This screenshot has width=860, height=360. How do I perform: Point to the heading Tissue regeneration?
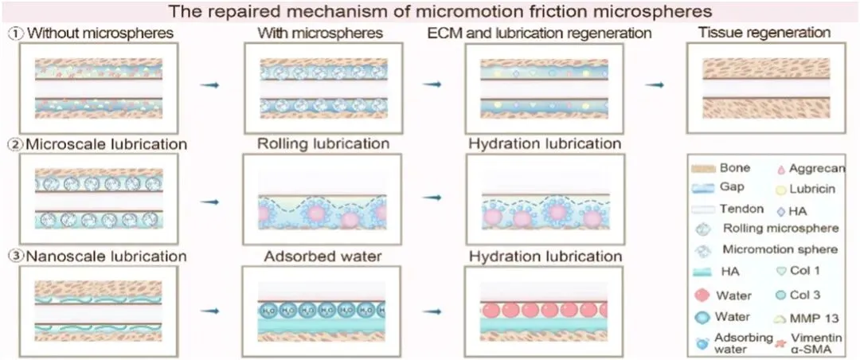point(764,33)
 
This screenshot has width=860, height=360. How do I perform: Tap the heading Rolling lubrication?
point(323,144)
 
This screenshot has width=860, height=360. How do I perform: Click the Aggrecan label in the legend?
point(816,168)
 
